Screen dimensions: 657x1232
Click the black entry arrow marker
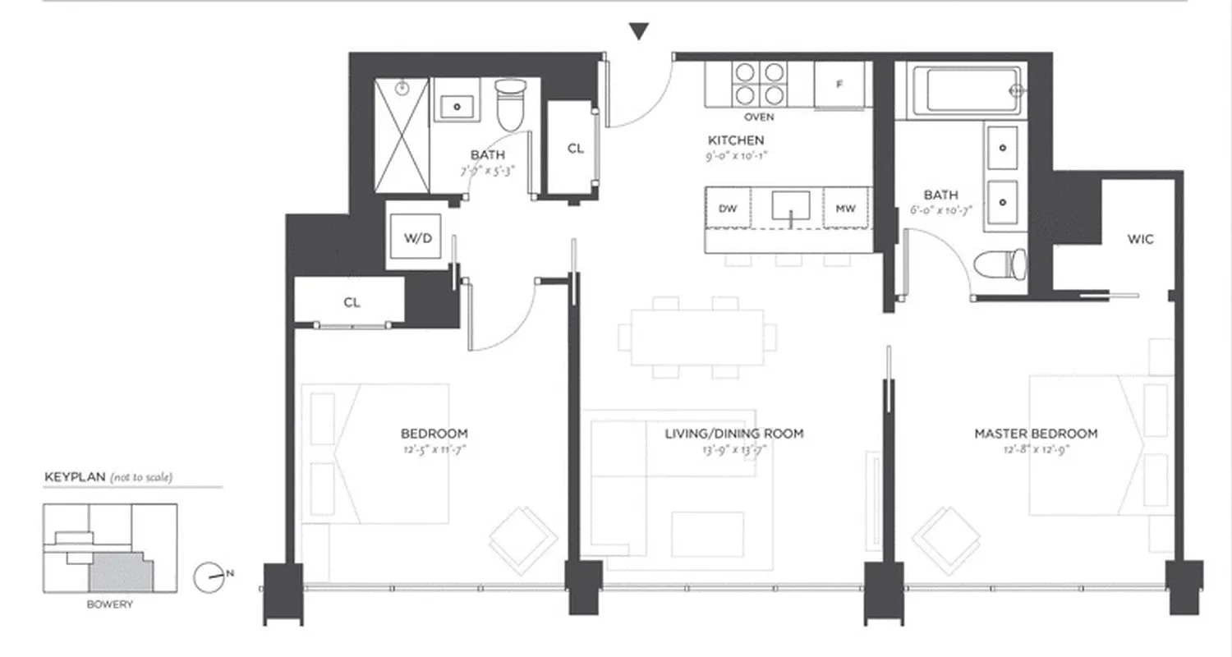coord(639,32)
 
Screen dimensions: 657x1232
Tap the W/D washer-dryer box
coord(417,238)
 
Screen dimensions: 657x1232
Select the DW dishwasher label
coord(728,209)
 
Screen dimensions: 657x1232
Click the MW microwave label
coord(845,209)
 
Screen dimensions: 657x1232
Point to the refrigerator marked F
coord(839,85)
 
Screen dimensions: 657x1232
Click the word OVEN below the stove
coord(759,117)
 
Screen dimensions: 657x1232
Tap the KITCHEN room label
coord(736,140)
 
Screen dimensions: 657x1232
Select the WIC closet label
coord(1141,240)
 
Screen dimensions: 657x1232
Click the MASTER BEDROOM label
coord(1036,434)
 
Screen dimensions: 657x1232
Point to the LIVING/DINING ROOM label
coord(734,434)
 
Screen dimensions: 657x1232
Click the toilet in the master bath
coord(1000,265)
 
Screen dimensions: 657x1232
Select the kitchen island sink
coord(790,206)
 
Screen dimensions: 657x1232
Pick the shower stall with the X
coord(402,136)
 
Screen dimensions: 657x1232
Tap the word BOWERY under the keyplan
coord(109,604)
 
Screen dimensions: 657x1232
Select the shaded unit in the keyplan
coord(121,571)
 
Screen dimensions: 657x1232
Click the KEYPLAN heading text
coord(76,477)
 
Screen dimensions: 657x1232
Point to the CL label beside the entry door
coord(576,149)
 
